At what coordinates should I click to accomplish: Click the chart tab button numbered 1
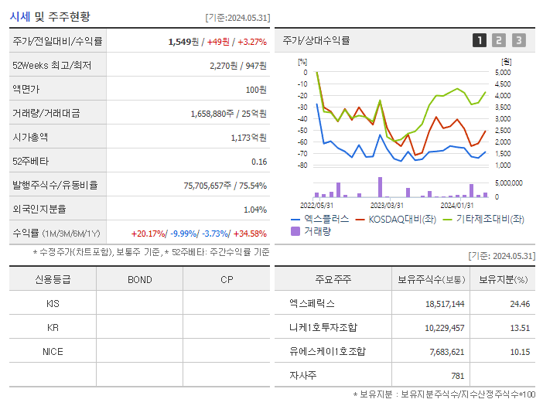point(480,40)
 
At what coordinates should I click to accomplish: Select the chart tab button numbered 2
point(499,40)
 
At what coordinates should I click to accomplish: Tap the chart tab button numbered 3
point(518,40)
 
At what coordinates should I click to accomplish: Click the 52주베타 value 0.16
point(259,162)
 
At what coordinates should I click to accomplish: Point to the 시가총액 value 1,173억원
point(249,138)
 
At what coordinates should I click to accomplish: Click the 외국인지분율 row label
point(39,210)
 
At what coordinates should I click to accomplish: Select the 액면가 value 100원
point(256,90)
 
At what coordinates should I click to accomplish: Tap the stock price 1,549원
point(184,42)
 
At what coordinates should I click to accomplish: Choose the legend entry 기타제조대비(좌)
point(489,220)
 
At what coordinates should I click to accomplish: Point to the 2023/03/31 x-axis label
point(387,205)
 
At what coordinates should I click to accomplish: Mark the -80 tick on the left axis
point(303,165)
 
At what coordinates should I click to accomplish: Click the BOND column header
point(139,279)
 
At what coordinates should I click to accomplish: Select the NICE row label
point(53,351)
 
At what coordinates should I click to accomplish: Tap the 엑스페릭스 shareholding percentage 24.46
point(520,304)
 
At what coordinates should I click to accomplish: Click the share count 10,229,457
point(445,328)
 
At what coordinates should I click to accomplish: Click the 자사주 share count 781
point(457,376)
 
